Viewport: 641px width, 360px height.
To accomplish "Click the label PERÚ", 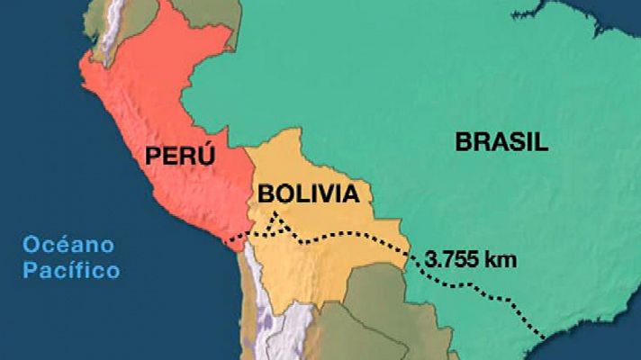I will point(180,155).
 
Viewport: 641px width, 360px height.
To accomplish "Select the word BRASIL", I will point(501,141).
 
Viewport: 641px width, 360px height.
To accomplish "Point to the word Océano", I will point(69,244).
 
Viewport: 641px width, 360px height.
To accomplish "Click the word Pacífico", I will point(72,269).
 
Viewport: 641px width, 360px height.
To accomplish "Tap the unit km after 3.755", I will point(501,259).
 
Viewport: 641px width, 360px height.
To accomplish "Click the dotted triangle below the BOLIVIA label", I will point(278,224).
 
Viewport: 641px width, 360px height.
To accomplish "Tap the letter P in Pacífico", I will point(30,269).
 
